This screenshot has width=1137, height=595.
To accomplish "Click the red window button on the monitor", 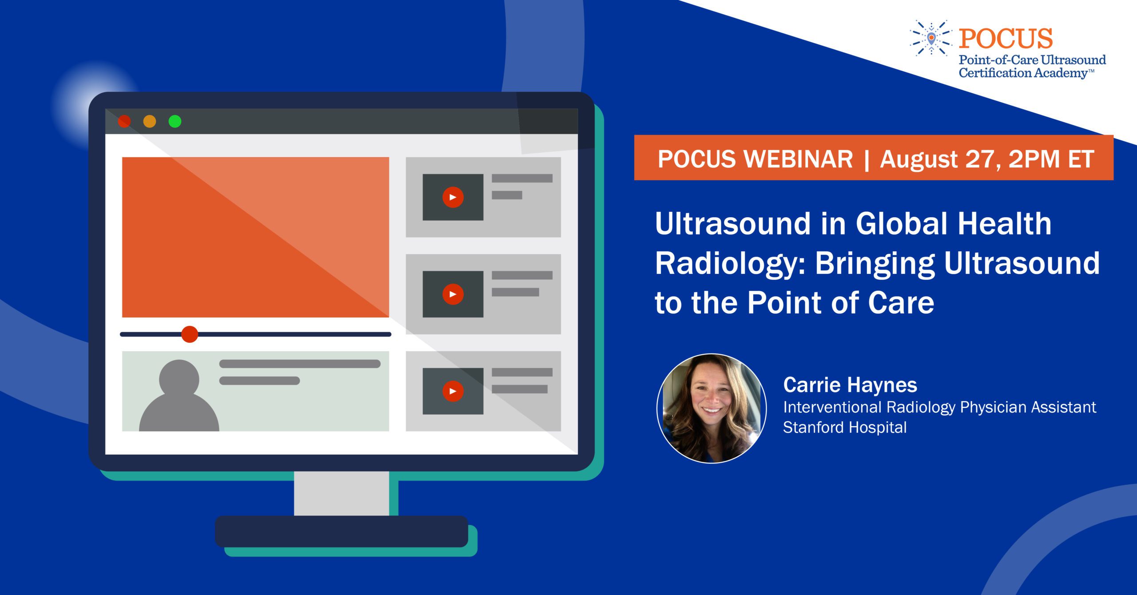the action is point(124,121).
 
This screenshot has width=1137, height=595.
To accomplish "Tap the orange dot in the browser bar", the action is point(150,121).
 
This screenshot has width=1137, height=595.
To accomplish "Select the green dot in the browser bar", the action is point(175,121).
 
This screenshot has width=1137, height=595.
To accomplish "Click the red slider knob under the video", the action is point(190,334).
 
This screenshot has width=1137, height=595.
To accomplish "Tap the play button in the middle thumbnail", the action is point(453,294).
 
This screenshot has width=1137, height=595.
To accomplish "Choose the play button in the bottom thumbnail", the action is point(453,391).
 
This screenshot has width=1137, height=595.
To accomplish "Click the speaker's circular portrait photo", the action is point(712,408).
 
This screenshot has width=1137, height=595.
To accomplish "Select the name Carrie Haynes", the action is point(850,385).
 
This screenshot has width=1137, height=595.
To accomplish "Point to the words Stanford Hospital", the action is point(845,427).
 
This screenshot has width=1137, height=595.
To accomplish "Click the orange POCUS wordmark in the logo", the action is point(1006,38).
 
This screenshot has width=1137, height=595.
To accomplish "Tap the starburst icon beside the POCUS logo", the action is point(931,39).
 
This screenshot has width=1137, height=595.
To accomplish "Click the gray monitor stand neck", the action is point(342,493).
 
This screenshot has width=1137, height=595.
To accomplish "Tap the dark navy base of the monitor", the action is point(342,532).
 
